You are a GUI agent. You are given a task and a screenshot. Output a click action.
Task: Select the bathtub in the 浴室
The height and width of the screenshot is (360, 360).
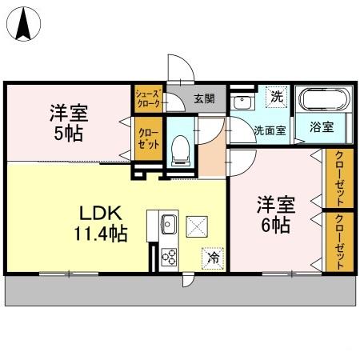(324, 102)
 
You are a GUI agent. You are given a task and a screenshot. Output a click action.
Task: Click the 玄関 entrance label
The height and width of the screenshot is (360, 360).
(204, 100)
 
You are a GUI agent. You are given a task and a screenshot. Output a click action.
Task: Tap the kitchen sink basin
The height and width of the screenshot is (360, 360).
(169, 222)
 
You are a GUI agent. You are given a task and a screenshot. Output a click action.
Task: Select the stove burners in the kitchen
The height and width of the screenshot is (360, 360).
(170, 256)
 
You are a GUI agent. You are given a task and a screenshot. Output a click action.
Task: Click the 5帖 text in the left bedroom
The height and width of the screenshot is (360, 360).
(69, 132)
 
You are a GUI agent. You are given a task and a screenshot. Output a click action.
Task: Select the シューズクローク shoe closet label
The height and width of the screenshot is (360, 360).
(149, 98)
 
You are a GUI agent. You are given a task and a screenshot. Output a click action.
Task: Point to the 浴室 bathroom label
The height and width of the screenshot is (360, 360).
(322, 128)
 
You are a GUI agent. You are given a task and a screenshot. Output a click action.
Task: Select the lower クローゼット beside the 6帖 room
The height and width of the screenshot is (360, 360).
(339, 241)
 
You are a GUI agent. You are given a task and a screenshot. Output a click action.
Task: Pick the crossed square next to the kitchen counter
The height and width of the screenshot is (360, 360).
(197, 226)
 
